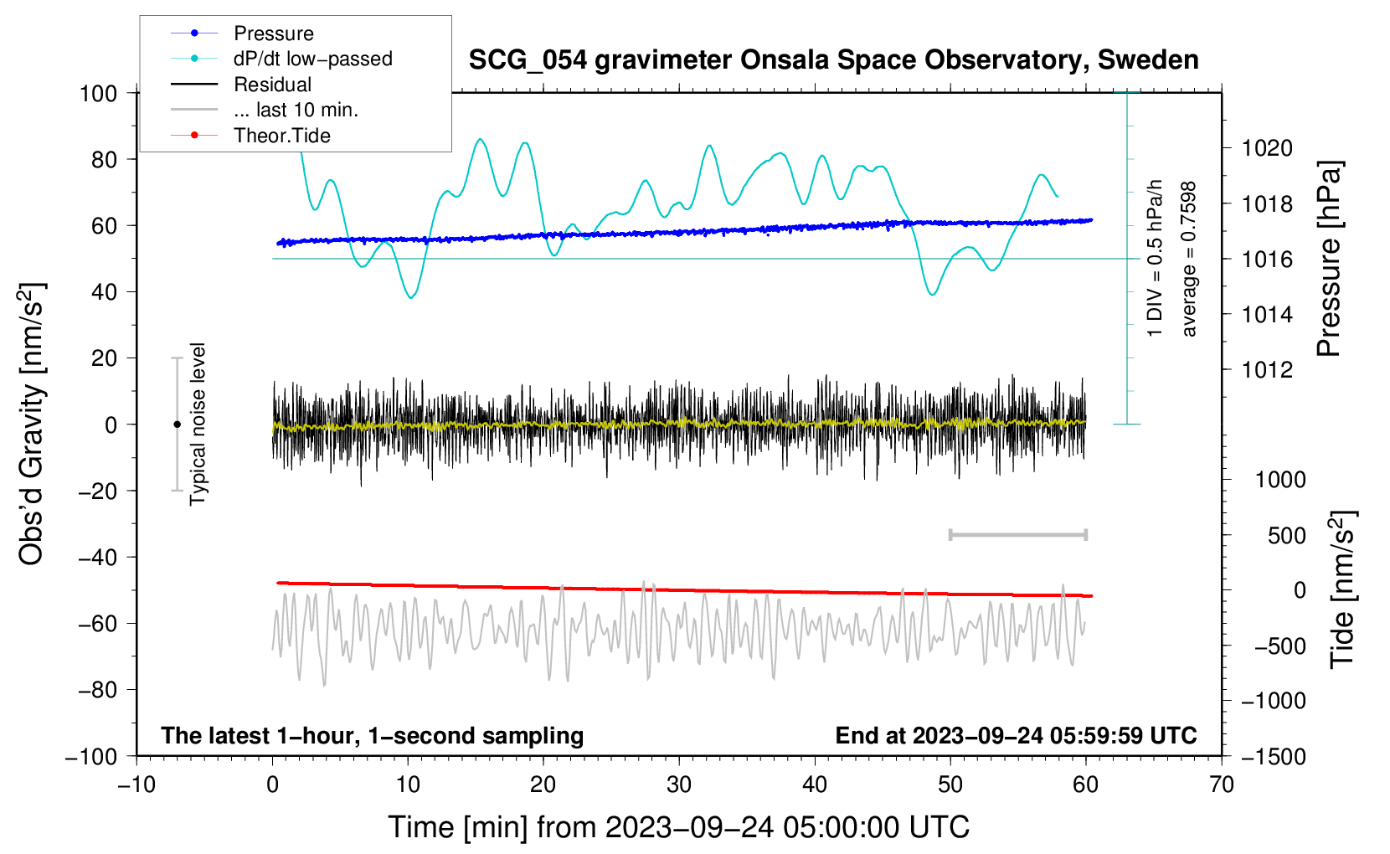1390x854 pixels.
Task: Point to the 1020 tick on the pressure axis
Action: coord(1267,148)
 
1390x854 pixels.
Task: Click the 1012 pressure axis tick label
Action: coord(1267,370)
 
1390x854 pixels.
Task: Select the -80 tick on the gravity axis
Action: coord(98,690)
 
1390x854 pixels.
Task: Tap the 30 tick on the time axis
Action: coord(679,785)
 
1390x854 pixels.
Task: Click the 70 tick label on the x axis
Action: coord(1221,785)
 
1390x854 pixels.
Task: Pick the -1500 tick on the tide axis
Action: coord(1273,757)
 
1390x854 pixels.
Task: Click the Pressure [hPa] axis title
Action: coord(1329,258)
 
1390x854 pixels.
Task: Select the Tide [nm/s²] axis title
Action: coord(1342,589)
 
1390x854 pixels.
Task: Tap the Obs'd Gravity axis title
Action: coord(31,424)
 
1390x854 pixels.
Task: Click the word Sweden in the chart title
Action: coord(1148,60)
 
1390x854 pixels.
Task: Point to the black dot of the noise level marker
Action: coord(177,424)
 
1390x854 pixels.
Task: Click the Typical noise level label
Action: coord(197,424)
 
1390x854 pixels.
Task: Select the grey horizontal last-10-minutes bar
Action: coord(1017,534)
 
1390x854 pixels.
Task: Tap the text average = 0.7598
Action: coord(1187,259)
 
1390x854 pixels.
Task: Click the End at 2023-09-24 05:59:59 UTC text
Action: coord(1016,735)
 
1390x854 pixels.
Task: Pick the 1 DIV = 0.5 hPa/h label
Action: coord(1154,259)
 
